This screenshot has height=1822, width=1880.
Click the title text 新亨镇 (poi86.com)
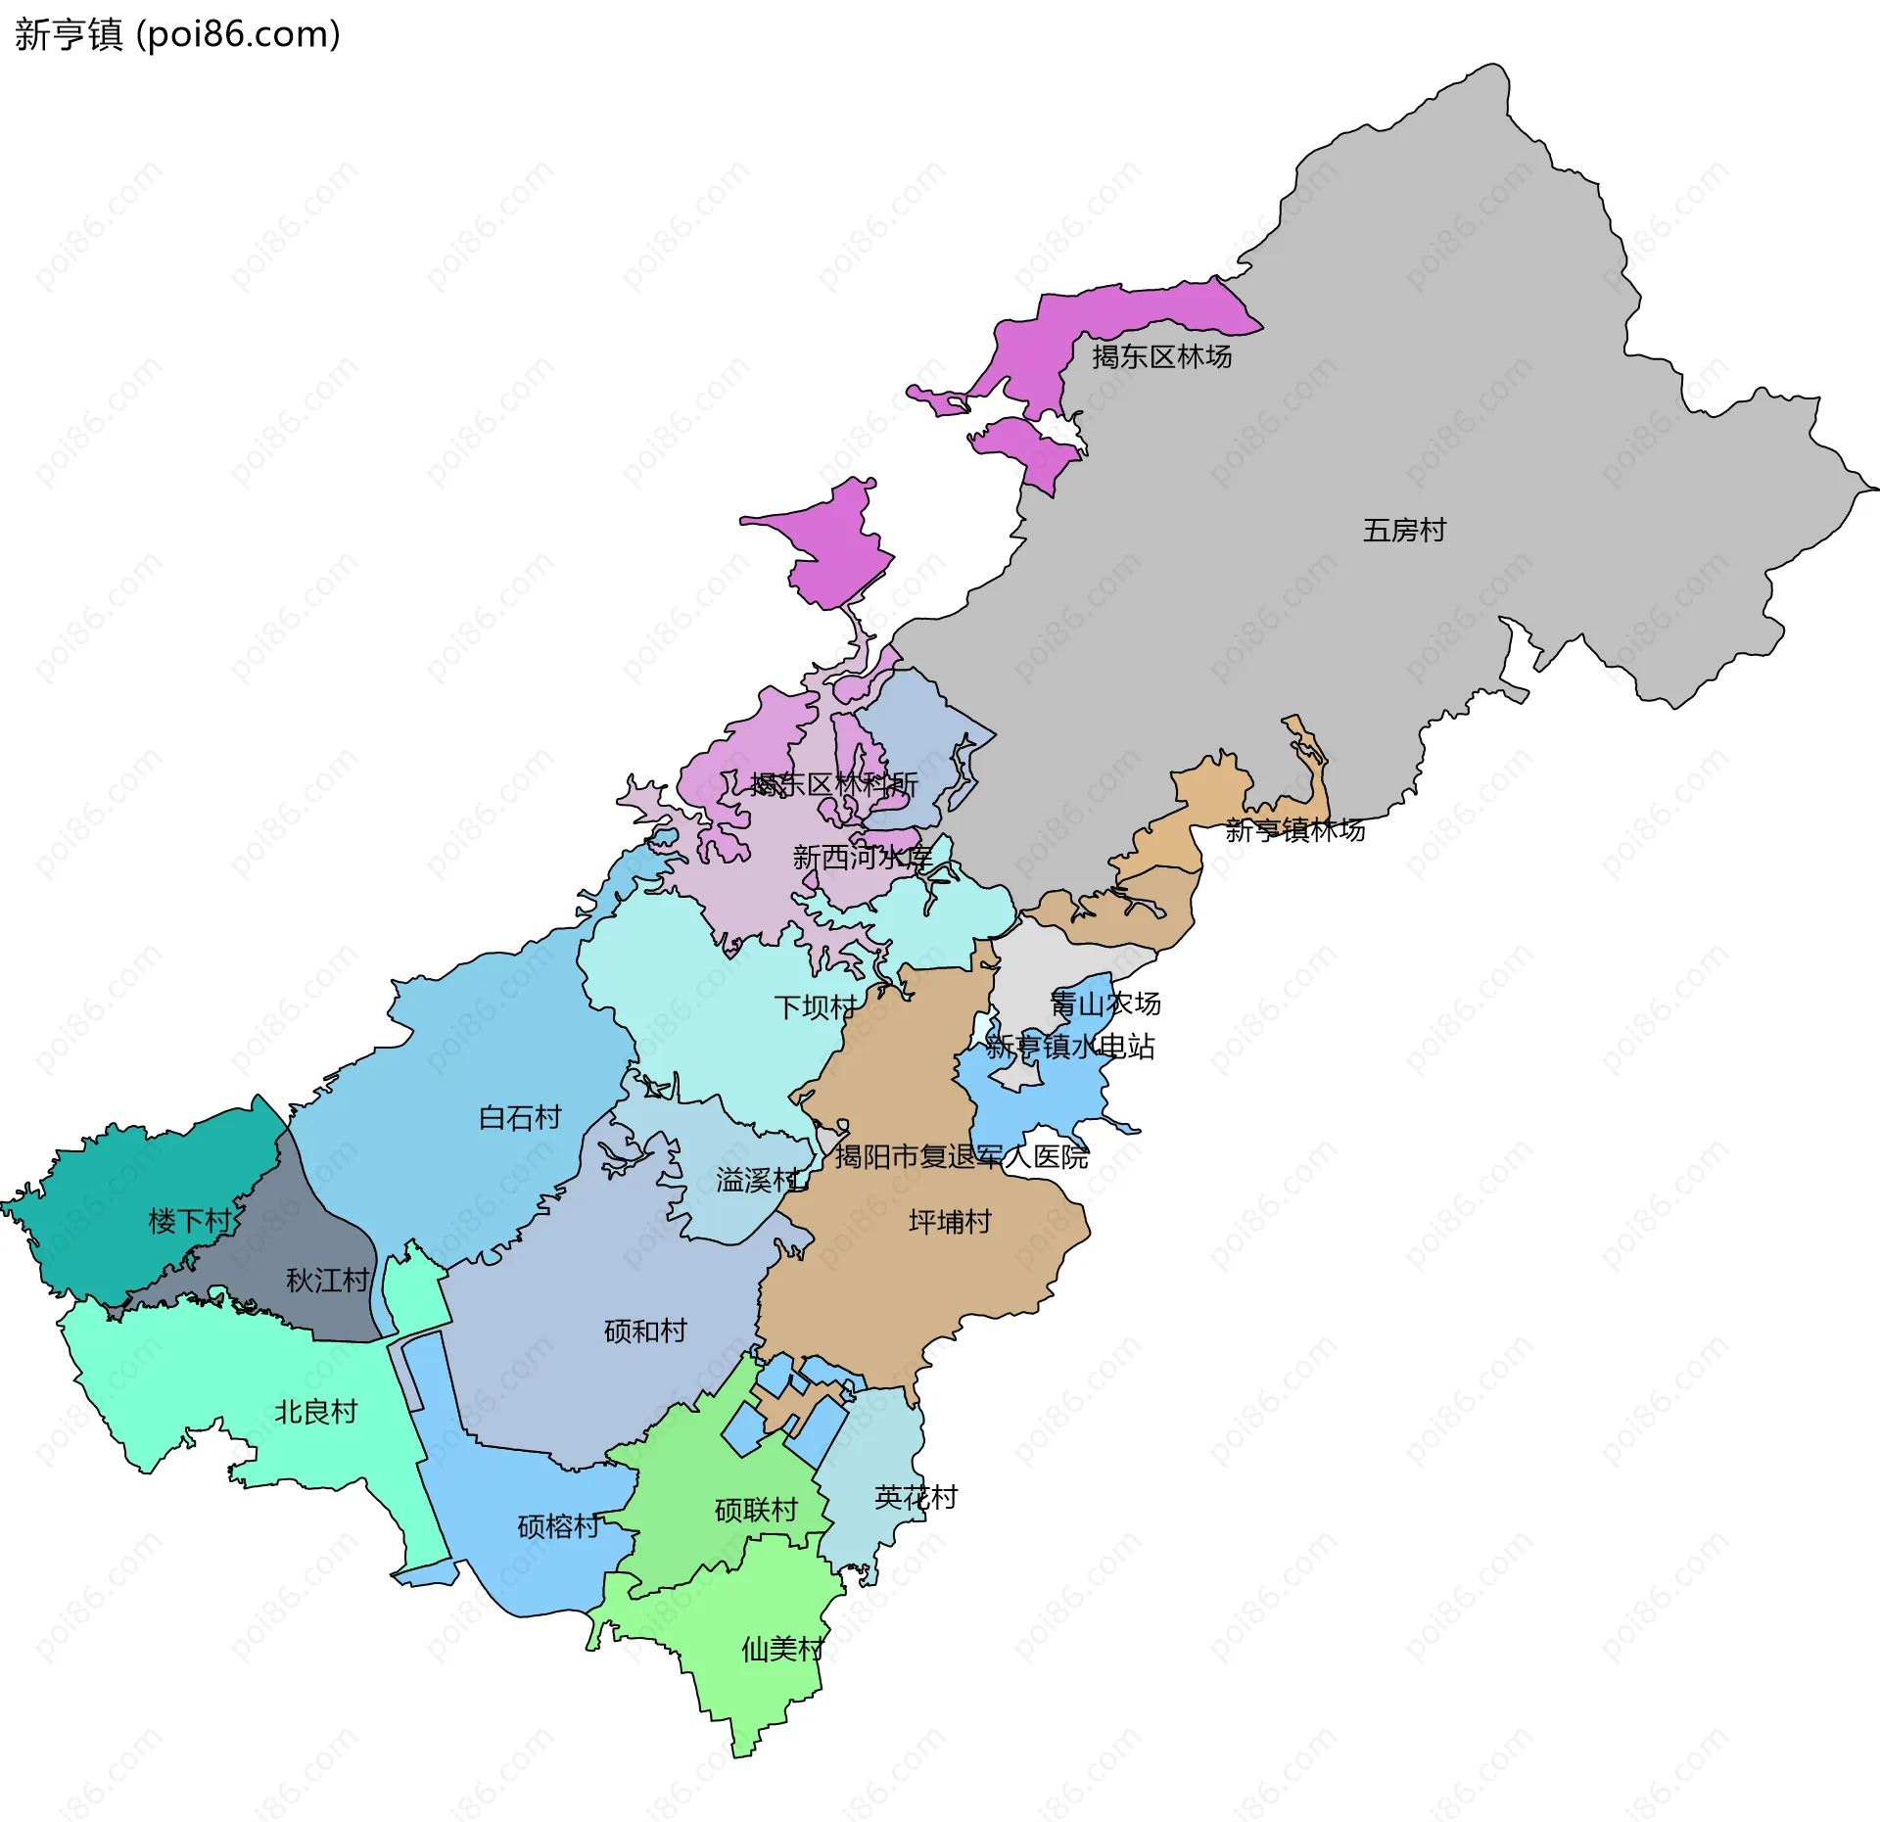click(x=177, y=34)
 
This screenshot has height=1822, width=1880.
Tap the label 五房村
click(x=1404, y=531)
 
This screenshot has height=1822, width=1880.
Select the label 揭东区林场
click(x=1161, y=356)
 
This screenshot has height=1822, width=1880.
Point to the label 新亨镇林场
click(x=1294, y=830)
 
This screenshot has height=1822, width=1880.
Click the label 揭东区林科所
click(x=833, y=783)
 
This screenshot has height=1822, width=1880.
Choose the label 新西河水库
click(x=862, y=858)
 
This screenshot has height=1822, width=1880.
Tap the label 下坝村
click(x=815, y=1006)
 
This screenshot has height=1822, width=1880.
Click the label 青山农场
click(x=1104, y=1003)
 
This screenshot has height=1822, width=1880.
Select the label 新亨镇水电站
click(x=1069, y=1047)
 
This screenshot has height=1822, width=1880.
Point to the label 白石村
click(x=519, y=1117)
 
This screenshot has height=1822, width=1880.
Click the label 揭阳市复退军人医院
click(x=961, y=1156)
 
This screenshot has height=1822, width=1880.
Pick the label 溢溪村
click(x=757, y=1180)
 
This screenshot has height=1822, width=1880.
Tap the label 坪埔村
click(x=949, y=1222)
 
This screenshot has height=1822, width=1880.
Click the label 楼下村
click(x=189, y=1221)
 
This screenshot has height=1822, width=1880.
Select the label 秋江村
click(x=327, y=1280)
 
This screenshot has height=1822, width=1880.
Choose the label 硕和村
click(x=645, y=1331)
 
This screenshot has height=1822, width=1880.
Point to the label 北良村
click(x=315, y=1412)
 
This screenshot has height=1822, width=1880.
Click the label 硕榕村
click(x=558, y=1526)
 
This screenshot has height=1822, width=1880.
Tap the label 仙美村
click(x=782, y=1650)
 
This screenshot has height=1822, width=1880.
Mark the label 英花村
click(x=916, y=1497)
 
